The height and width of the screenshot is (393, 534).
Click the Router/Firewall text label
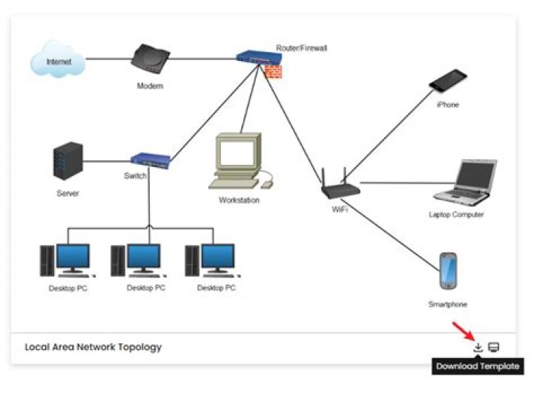click(x=301, y=48)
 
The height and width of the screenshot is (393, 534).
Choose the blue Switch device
click(x=151, y=159)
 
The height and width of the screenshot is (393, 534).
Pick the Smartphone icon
click(x=448, y=272)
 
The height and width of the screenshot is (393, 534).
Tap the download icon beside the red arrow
click(x=478, y=347)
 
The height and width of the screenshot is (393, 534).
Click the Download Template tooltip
click(x=478, y=366)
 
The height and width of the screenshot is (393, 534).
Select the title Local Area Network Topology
click(x=93, y=347)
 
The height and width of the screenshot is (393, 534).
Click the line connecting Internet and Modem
click(x=108, y=58)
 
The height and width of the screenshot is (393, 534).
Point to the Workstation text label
click(x=239, y=200)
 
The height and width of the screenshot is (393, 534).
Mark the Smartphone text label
click(x=448, y=304)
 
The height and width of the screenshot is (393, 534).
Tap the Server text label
click(x=67, y=193)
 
